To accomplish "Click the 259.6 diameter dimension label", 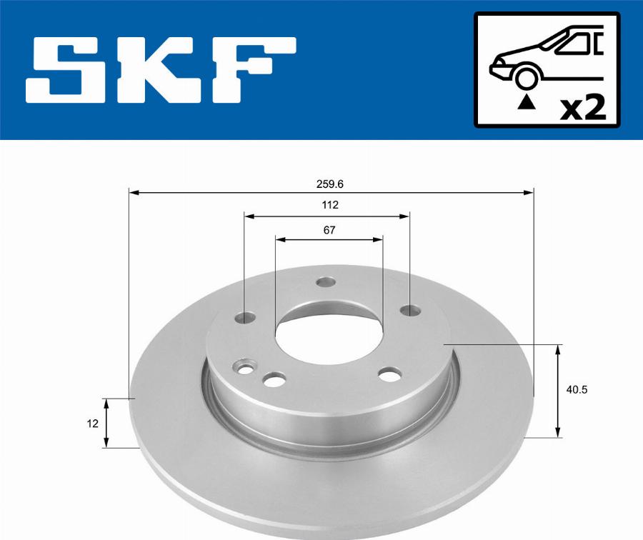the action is (329, 184).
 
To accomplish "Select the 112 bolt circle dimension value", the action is (330, 205).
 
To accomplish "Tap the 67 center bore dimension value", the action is (329, 231).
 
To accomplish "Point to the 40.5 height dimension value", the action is (577, 390).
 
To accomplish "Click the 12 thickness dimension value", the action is (93, 424).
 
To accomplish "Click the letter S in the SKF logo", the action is (71, 70).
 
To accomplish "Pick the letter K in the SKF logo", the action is (161, 70).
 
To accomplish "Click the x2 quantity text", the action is (583, 107).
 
